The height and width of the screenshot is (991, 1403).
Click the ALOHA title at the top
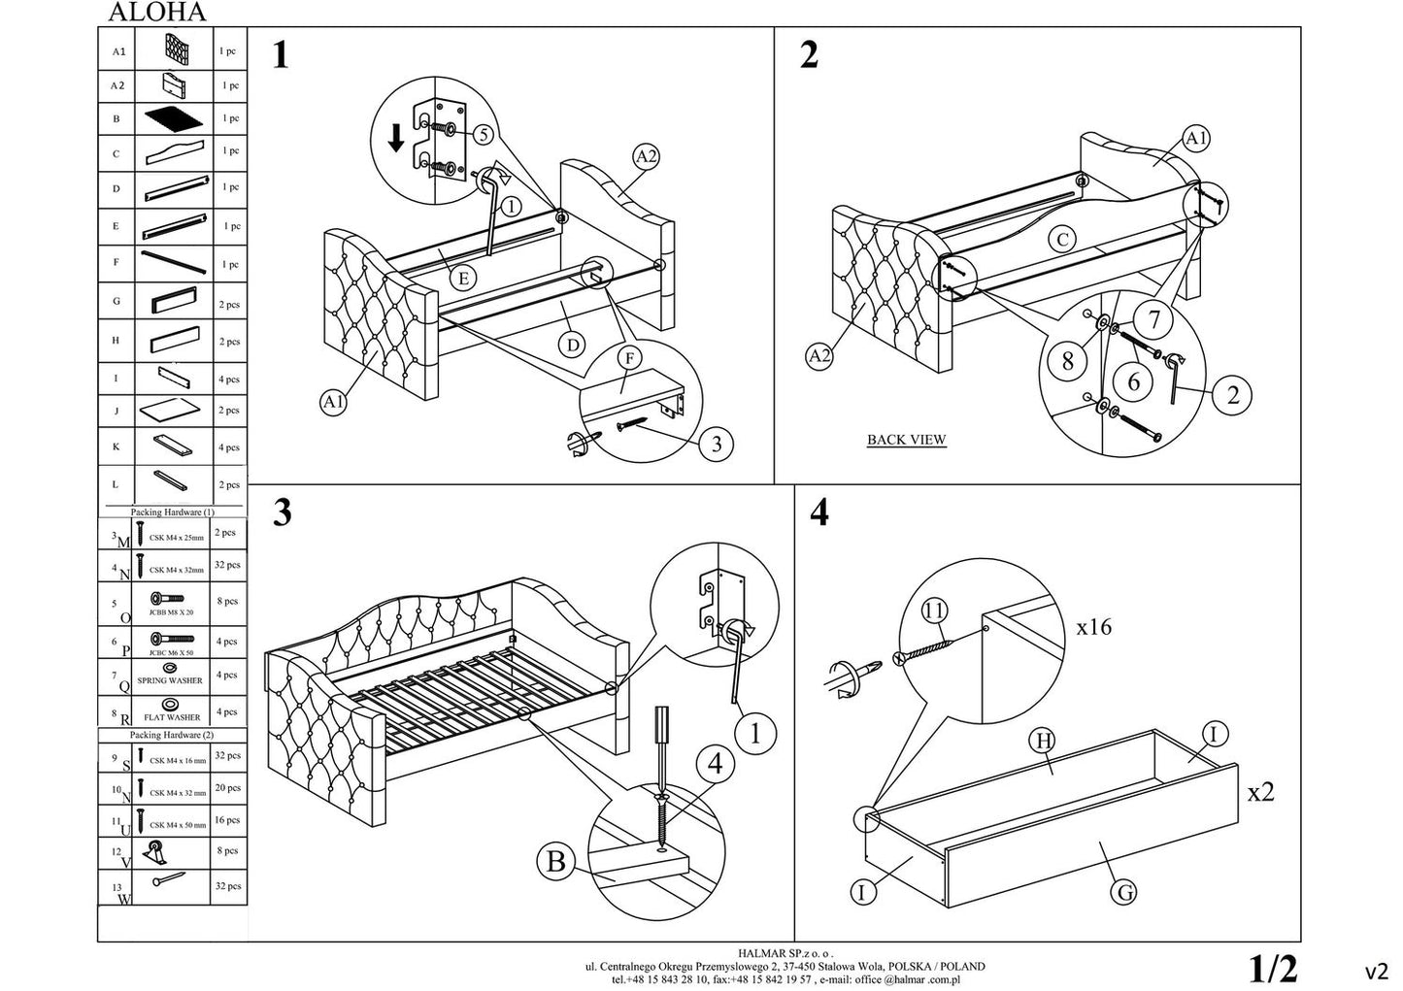tap(156, 13)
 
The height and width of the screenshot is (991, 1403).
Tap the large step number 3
tap(282, 512)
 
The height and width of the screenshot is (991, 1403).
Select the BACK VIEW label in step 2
tap(906, 440)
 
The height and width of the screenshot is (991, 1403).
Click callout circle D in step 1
tap(573, 344)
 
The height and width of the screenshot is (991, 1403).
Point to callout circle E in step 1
tap(464, 279)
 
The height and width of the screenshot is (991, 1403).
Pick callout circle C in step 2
tap(1063, 239)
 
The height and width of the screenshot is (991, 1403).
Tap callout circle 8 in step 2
tap(1068, 361)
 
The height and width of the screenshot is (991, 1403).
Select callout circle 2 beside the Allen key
tap(1233, 394)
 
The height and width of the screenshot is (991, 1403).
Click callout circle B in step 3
tap(555, 862)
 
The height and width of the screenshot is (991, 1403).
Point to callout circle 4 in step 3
tap(715, 765)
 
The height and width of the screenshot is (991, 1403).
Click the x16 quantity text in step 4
tap(1094, 627)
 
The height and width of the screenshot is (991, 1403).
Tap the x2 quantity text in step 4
tap(1260, 792)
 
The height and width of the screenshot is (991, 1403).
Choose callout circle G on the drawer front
tap(1123, 891)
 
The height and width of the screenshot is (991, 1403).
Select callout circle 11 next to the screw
tap(934, 611)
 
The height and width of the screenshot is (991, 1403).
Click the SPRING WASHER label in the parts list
tap(170, 680)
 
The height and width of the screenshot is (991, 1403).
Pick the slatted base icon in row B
tap(175, 118)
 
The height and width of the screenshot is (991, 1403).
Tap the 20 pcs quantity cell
tap(228, 788)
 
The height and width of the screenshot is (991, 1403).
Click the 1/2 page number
tap(1273, 968)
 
